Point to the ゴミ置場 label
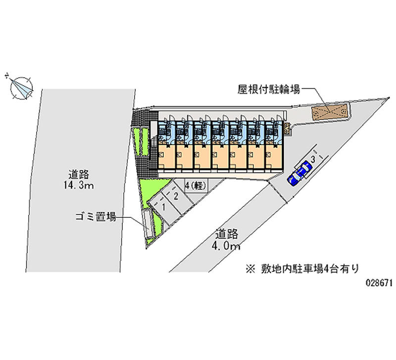(x=96, y=217)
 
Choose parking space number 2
(x=175, y=196)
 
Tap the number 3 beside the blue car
(x=313, y=159)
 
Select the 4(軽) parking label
(x=196, y=185)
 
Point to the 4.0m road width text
(x=227, y=246)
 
